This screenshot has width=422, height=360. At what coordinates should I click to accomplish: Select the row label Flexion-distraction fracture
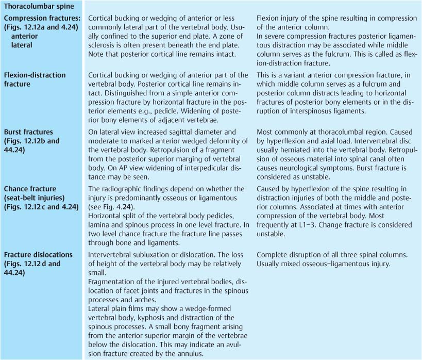pyautogui.click(x=35, y=79)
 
